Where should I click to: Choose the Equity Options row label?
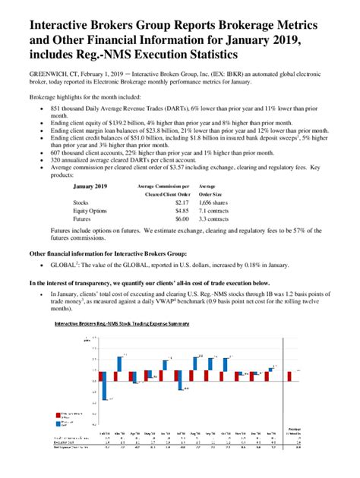(90, 212)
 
